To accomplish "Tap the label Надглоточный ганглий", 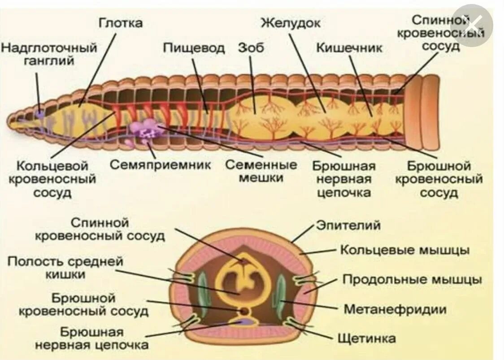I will tap(49, 54).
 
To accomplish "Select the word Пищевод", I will tap(193, 48).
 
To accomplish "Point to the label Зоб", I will tap(251, 48).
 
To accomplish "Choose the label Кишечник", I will tap(349, 48).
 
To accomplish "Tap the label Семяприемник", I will tap(161, 165).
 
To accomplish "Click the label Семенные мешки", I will tap(261, 171).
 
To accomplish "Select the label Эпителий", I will tap(348, 225).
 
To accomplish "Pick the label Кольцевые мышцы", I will tap(405, 250).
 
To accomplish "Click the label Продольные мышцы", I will tap(412, 280).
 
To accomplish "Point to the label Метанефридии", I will tap(395, 309).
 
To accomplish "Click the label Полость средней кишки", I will tap(65, 268).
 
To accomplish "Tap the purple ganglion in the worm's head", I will tap(40, 114).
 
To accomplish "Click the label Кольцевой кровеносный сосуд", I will tap(56, 179).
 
